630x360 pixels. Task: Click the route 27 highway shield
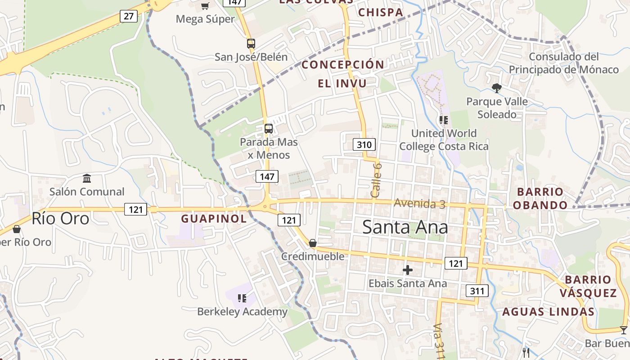pyautogui.click(x=129, y=16)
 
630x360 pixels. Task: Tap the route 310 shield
pyautogui.click(x=364, y=144)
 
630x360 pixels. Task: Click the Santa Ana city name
pyautogui.click(x=405, y=227)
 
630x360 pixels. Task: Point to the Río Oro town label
pyautogui.click(x=60, y=218)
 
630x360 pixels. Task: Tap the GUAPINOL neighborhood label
pyautogui.click(x=214, y=219)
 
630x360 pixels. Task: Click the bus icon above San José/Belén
pyautogui.click(x=251, y=44)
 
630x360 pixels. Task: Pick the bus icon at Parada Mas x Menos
pyautogui.click(x=269, y=129)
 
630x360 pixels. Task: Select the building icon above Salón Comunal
pyautogui.click(x=87, y=179)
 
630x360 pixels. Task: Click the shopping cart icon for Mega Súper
pyautogui.click(x=205, y=6)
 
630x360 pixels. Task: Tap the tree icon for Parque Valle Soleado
pyautogui.click(x=497, y=88)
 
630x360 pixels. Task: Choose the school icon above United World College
pyautogui.click(x=444, y=120)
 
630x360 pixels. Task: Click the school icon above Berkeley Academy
pyautogui.click(x=242, y=298)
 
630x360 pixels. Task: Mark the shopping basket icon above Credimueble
pyautogui.click(x=313, y=243)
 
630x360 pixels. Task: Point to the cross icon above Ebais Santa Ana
pyautogui.click(x=408, y=270)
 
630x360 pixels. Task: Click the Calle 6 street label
pyautogui.click(x=377, y=180)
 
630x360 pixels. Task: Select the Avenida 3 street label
pyautogui.click(x=419, y=203)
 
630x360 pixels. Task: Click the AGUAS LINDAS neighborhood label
pyautogui.click(x=548, y=311)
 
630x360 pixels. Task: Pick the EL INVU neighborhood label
pyautogui.click(x=342, y=83)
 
